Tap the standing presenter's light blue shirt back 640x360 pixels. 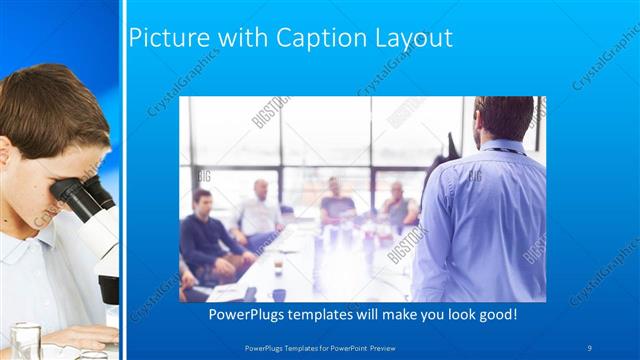[x=485, y=220]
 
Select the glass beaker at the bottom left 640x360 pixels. [x=25, y=340]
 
